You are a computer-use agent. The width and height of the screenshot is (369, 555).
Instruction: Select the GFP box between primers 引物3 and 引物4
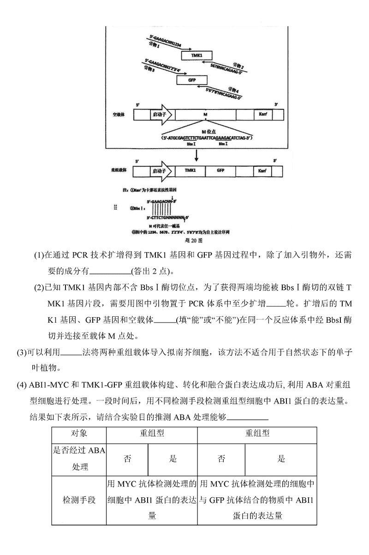[192, 80]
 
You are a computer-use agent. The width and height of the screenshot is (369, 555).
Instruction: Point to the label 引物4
[234, 90]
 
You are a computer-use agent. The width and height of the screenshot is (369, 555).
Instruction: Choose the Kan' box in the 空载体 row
[260, 114]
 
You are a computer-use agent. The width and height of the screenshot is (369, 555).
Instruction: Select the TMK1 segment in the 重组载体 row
[190, 171]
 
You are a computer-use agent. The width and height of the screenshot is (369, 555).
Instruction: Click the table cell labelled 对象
[79, 434]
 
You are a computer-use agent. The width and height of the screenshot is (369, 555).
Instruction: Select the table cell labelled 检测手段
[79, 500]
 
